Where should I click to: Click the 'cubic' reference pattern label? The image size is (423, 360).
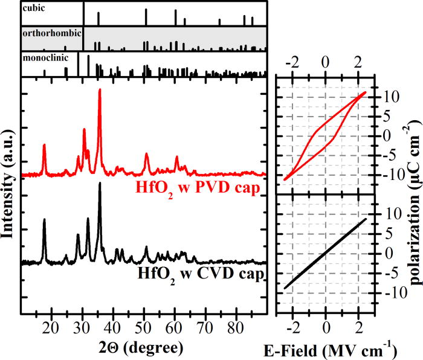pyautogui.click(x=33, y=8)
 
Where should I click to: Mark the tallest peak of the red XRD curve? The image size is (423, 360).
pyautogui.click(x=100, y=89)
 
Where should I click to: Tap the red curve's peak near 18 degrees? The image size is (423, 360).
pyautogui.click(x=44, y=145)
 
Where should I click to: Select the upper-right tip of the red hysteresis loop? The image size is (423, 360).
pyautogui.click(x=366, y=92)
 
